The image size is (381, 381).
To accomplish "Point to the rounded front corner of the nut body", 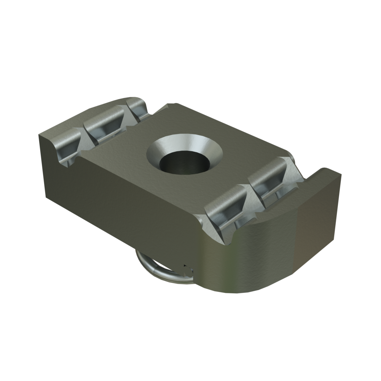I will coord(263,256).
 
